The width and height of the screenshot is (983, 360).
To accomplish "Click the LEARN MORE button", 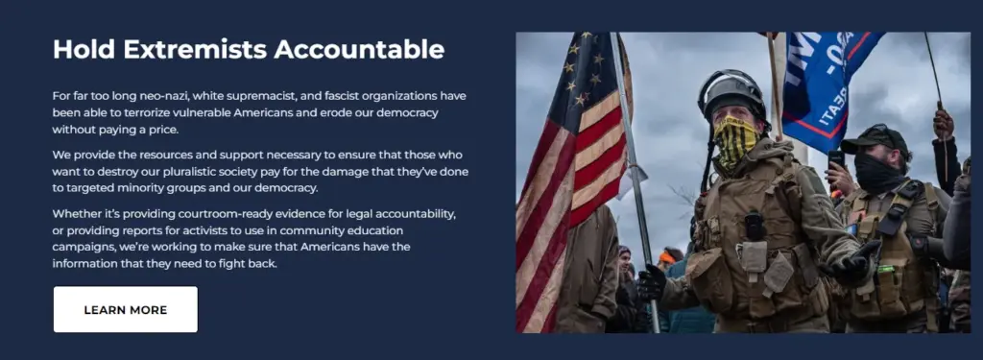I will click(x=125, y=309).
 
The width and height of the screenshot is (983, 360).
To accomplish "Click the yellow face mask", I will click(x=735, y=139).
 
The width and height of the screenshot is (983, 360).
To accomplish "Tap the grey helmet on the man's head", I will click(x=731, y=92).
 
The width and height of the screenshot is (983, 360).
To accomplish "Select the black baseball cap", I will click(x=872, y=138).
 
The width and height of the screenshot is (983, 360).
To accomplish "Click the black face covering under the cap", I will click(x=875, y=173).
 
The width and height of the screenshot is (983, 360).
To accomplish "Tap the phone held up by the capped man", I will click(x=835, y=160).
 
